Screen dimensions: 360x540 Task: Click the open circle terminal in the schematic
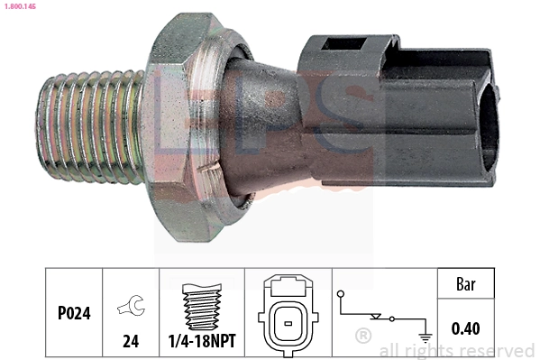click(x=340, y=294)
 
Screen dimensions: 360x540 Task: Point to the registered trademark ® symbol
click(x=362, y=337)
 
